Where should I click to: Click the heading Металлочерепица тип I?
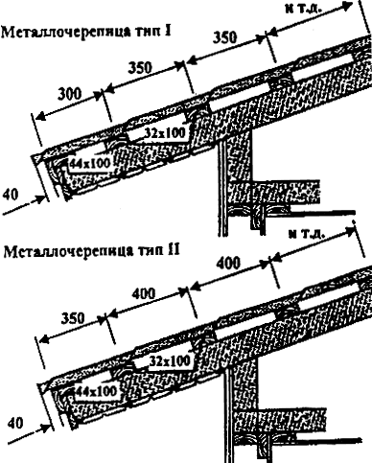click(86, 32)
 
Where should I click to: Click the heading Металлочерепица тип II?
click(91, 250)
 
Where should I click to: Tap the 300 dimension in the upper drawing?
click(70, 94)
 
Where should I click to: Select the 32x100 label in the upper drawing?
click(165, 132)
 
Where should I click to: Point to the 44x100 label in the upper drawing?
click(89, 163)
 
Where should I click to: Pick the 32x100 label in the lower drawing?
click(170, 361)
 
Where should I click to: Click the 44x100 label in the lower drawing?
click(95, 390)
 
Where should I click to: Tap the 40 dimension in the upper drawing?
click(11, 195)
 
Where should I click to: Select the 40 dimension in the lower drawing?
click(15, 423)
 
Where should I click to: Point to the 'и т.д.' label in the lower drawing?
click(307, 235)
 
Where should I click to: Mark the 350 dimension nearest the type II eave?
click(73, 318)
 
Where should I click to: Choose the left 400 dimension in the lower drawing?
click(144, 293)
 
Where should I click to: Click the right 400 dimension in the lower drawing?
click(228, 264)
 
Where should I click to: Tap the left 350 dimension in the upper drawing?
click(140, 68)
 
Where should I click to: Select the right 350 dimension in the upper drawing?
click(225, 37)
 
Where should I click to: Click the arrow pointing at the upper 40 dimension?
click(23, 205)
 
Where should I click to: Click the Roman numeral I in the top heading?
click(169, 32)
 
